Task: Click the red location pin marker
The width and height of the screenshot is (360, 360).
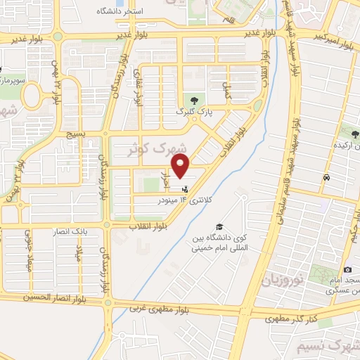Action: tap(181, 168)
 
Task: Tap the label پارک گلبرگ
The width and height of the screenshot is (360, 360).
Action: tap(191, 111)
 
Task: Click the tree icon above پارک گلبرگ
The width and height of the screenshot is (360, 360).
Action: tap(188, 99)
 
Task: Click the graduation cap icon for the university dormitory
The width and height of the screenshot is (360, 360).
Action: tap(220, 227)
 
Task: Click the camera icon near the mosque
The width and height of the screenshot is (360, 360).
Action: tap(347, 270)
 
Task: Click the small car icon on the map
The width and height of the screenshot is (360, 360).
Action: tap(326, 177)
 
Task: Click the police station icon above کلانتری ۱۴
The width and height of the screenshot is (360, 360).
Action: tap(185, 188)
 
